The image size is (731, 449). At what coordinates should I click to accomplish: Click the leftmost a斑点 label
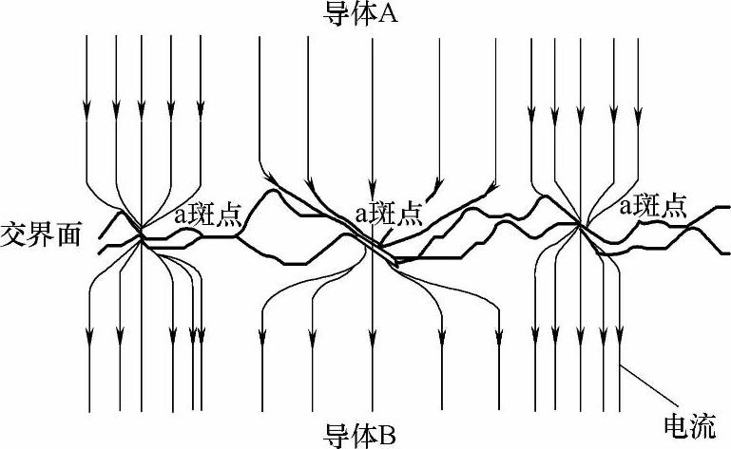click(x=208, y=215)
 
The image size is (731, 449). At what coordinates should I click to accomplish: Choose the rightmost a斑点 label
click(x=652, y=206)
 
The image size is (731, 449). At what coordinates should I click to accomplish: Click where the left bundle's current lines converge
click(x=141, y=234)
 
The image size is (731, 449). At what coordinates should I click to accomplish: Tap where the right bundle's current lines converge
click(x=578, y=226)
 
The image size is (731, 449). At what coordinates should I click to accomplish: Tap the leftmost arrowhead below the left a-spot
click(x=91, y=334)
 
